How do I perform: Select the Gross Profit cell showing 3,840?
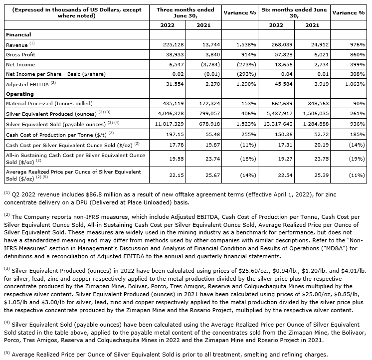pyautogui.click(x=206, y=54)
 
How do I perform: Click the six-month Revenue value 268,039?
pyautogui.click(x=280, y=45)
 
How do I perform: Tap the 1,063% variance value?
pyautogui.click(x=353, y=83)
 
